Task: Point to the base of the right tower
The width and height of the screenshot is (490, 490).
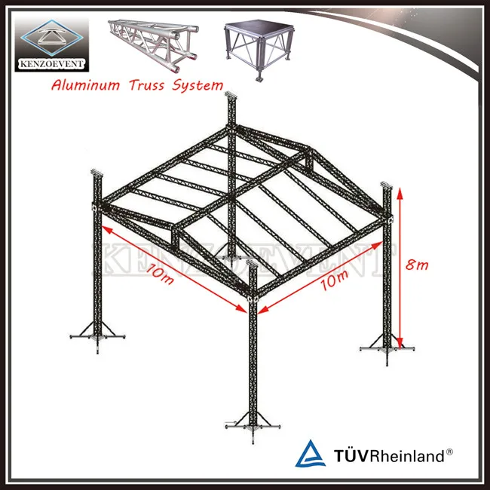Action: tap(387, 346)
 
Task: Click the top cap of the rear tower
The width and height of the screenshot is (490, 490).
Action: tap(230, 94)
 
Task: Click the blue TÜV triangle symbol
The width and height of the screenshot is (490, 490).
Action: tap(310, 454)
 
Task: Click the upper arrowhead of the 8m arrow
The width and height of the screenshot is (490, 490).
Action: tap(400, 193)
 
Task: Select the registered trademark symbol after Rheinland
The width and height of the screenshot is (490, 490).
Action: tap(449, 451)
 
